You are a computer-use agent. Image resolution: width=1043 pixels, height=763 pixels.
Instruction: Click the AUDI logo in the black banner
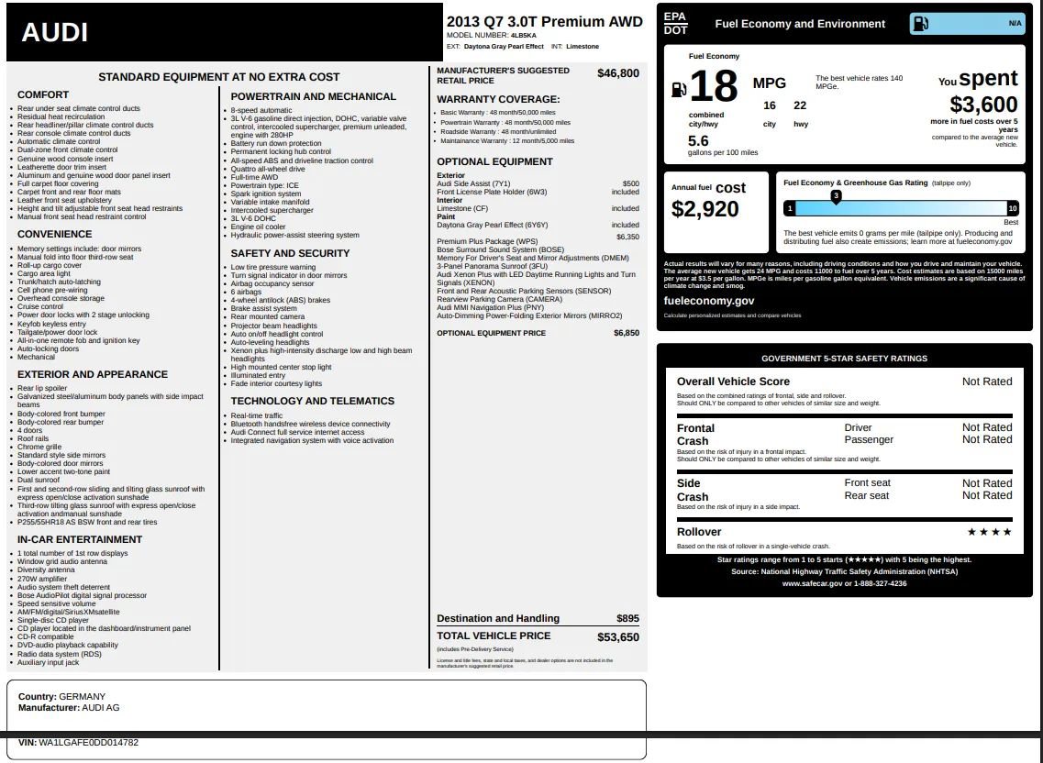pos(54,33)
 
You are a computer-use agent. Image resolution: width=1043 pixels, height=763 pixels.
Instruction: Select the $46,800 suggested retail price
pos(617,73)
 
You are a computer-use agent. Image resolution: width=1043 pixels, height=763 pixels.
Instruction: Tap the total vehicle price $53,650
pos(617,636)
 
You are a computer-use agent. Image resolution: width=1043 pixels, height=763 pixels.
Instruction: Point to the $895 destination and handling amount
pos(627,618)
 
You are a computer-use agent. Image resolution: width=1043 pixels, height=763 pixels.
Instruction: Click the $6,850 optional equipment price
pos(626,333)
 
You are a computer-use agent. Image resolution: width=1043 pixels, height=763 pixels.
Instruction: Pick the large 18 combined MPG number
pos(713,87)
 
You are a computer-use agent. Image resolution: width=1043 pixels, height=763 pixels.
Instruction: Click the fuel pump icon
pos(679,89)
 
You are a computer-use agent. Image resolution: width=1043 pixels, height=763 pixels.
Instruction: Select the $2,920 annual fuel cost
pos(705,209)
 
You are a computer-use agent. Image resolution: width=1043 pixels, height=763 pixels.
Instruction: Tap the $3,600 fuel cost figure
pos(983,105)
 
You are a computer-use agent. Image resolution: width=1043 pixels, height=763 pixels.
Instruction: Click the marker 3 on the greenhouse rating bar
pos(836,196)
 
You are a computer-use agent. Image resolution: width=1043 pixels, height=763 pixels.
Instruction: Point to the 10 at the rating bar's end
pos(1012,209)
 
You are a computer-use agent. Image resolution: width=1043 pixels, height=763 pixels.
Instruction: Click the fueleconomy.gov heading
pos(708,301)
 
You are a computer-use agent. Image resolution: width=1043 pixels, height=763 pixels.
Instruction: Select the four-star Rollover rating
pos(989,532)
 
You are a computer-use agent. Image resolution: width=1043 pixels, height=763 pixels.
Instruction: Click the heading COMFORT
pos(43,95)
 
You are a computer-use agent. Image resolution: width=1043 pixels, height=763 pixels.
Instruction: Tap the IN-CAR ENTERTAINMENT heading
pos(80,540)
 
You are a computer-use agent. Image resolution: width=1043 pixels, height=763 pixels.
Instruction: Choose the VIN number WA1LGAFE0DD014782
pos(88,743)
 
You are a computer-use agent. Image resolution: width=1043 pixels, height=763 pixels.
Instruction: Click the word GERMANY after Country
pos(82,697)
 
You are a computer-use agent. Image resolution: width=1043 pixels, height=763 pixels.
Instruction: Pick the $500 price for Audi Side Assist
pos(630,183)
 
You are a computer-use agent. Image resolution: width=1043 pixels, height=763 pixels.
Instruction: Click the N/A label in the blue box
pos(1015,23)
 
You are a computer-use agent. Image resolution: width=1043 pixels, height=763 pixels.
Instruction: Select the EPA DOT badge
pos(675,24)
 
